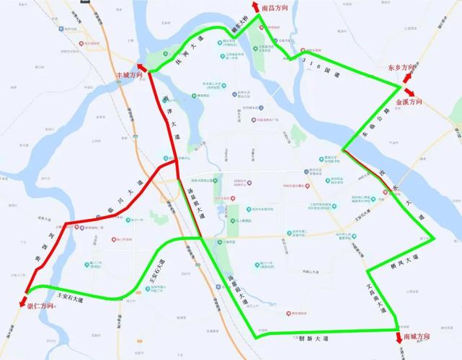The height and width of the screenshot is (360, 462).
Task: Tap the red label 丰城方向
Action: pyautogui.click(x=125, y=74)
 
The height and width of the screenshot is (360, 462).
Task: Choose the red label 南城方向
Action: pyautogui.click(x=417, y=337)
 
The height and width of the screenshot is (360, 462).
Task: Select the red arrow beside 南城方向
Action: pyautogui.click(x=399, y=337)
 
